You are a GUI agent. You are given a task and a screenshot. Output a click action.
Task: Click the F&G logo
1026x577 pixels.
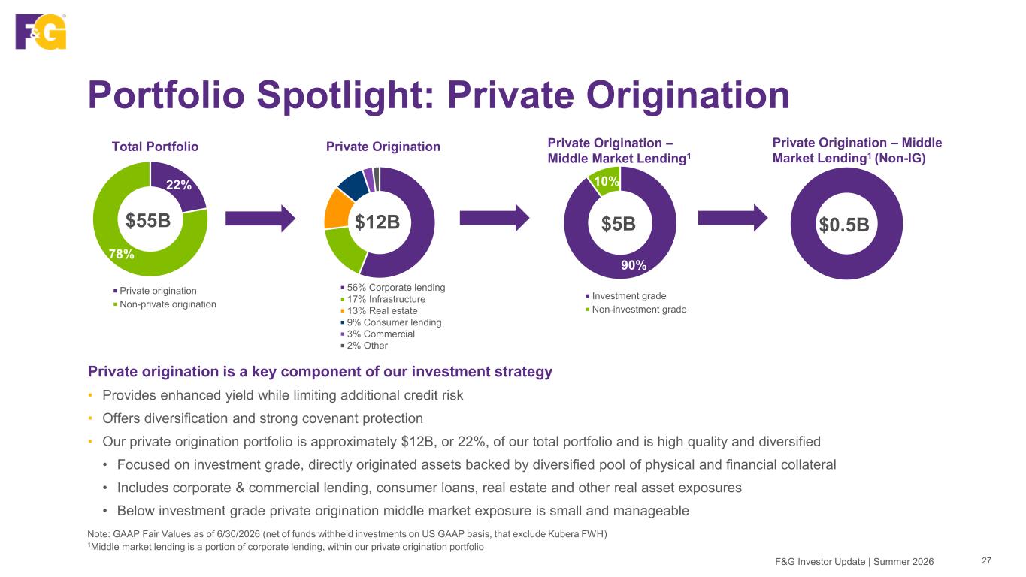pos(41,31)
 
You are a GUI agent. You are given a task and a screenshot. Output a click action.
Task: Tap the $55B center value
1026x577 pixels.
pos(148,220)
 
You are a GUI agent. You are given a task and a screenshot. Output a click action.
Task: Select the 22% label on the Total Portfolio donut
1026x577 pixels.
pos(179,185)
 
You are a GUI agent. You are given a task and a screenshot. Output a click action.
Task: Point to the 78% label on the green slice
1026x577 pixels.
pos(121,254)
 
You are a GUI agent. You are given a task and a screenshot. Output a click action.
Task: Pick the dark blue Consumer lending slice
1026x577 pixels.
pos(354,185)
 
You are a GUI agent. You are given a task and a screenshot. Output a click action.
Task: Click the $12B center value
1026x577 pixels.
pos(377,222)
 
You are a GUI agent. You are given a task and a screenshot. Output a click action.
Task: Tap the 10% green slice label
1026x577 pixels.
pos(606,181)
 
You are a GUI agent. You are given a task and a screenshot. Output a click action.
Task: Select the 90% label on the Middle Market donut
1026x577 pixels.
pos(634,264)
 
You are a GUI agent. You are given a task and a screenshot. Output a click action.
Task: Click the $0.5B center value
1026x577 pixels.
pos(844,225)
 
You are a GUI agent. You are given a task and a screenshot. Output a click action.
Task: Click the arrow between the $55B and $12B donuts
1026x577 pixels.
pos(260,219)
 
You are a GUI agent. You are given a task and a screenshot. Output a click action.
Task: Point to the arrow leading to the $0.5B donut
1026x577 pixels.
pos(733,218)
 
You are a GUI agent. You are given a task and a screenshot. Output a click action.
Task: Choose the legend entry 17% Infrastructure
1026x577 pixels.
pos(383,299)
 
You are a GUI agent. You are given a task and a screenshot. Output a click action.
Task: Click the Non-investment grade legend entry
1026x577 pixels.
pos(636,309)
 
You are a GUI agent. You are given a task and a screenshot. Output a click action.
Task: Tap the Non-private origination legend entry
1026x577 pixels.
pos(165,304)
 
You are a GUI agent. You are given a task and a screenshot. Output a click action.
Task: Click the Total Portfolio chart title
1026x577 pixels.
pos(156,147)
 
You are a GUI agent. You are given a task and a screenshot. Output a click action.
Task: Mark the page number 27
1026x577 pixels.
pos(986,560)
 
